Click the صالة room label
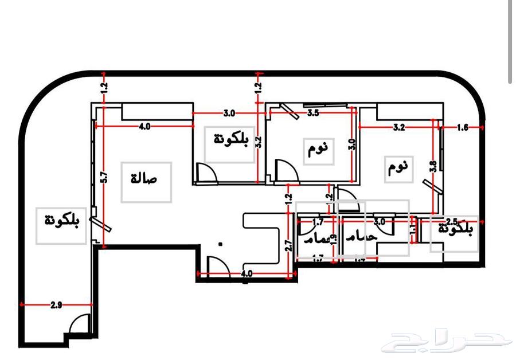click(x=146, y=180)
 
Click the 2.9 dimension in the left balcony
click(x=56, y=305)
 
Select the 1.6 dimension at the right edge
click(x=463, y=128)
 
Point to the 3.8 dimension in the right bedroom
click(x=433, y=167)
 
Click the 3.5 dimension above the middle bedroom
click(x=313, y=113)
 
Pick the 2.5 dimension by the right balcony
click(x=451, y=221)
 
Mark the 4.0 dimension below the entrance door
click(x=247, y=274)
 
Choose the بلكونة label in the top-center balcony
click(x=230, y=139)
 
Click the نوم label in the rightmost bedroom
click(x=398, y=167)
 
